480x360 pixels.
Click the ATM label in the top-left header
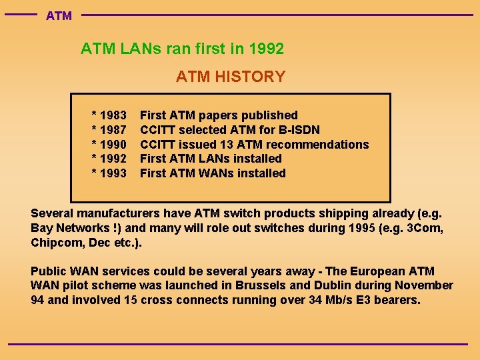click(59, 15)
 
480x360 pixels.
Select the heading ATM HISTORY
click(231, 77)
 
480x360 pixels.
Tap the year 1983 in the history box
click(113, 115)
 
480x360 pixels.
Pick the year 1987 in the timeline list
click(113, 130)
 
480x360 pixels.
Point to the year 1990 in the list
click(113, 145)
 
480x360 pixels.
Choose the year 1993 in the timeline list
click(113, 173)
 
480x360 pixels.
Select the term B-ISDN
click(296, 130)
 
